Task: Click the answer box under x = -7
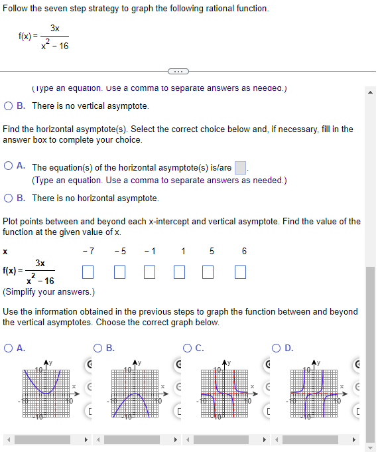[x=88, y=271]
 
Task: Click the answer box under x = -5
[x=119, y=271]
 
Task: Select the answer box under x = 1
[x=180, y=271]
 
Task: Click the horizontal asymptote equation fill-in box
[x=241, y=168]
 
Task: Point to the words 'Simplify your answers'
[x=49, y=291]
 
